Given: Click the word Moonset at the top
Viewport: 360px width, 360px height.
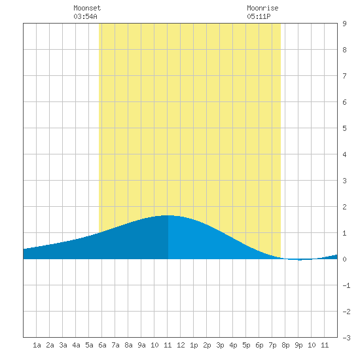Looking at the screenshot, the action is click(x=87, y=8).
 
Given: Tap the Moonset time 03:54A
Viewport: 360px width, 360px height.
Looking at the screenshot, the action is click(x=85, y=16).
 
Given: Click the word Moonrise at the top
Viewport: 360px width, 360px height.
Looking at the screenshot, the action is click(x=262, y=8).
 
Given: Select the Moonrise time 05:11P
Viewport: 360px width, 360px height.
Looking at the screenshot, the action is click(x=259, y=16).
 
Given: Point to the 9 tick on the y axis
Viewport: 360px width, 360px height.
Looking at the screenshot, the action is click(x=344, y=24).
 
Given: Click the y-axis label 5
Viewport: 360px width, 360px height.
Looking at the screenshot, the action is click(x=344, y=128).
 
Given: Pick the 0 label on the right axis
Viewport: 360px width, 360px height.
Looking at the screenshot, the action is click(x=344, y=259).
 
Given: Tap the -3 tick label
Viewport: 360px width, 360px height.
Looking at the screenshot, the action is click(x=346, y=338).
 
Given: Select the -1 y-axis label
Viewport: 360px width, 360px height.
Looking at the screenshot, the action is click(x=346, y=285).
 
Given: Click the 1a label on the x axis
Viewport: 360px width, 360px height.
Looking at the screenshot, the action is click(x=37, y=345).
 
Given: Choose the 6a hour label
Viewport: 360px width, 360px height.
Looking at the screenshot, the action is click(x=102, y=345).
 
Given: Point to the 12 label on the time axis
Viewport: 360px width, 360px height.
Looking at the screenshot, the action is click(x=181, y=345).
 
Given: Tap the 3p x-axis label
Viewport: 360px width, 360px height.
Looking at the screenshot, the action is click(x=220, y=345).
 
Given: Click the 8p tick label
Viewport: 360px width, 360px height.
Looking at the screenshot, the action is click(x=285, y=345).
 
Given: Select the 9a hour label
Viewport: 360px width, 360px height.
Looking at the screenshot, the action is click(x=141, y=345).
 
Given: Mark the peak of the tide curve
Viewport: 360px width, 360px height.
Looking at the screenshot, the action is click(x=168, y=215).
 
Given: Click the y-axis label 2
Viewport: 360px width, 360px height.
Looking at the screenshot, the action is click(x=344, y=207).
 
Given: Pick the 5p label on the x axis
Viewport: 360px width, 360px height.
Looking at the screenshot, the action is click(x=246, y=345).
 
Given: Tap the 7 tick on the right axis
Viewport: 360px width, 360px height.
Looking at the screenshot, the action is click(x=344, y=76).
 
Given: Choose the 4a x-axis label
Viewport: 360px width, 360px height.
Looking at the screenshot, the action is click(x=76, y=345).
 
